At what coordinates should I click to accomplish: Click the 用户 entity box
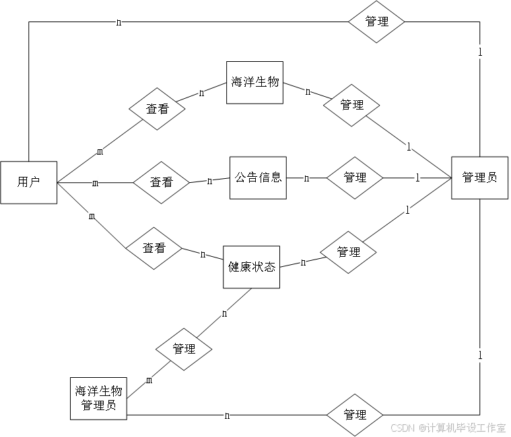(x=28, y=182)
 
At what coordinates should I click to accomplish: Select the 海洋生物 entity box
(x=254, y=83)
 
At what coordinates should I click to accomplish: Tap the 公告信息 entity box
(x=258, y=177)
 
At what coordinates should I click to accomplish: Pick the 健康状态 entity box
(x=251, y=267)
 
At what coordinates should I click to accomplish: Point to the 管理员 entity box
(x=479, y=177)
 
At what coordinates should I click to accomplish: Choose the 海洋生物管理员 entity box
(x=98, y=398)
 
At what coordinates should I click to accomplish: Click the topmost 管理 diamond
(x=376, y=22)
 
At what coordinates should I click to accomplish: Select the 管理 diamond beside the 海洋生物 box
(x=351, y=105)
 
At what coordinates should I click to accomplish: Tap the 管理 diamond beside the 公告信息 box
(x=355, y=177)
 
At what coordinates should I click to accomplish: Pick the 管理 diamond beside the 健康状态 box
(x=348, y=252)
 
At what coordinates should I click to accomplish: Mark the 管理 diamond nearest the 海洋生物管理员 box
(x=184, y=349)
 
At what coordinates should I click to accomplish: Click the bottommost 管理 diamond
(x=355, y=414)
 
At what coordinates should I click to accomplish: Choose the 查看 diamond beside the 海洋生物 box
(x=158, y=108)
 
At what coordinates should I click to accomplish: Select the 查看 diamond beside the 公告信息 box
(x=161, y=182)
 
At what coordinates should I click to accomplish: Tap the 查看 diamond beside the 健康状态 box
(x=154, y=248)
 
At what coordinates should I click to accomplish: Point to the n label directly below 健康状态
(x=224, y=313)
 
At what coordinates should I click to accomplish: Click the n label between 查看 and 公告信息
(x=209, y=180)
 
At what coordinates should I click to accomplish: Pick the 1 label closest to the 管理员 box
(x=417, y=178)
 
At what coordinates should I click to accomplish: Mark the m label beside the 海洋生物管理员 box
(x=149, y=381)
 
